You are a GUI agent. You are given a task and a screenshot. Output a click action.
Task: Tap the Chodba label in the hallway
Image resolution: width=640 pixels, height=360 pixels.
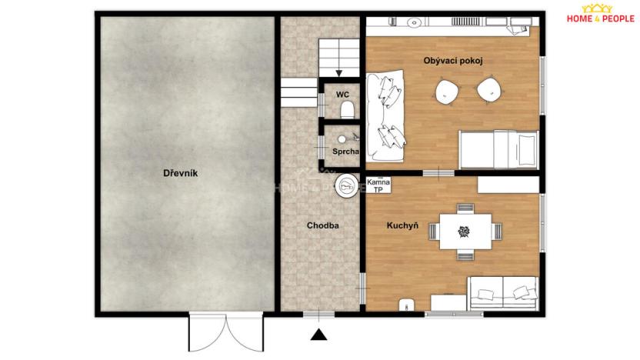click(322, 226)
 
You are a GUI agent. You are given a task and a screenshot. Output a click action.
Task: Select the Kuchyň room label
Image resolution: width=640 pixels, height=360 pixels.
click(402, 226)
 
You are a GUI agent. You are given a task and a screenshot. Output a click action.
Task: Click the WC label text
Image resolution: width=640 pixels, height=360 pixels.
click(342, 95)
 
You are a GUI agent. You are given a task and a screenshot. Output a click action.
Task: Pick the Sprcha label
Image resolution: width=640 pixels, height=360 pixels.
click(345, 152)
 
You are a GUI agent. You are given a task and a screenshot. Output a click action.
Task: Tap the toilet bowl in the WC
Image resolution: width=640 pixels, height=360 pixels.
click(346, 108)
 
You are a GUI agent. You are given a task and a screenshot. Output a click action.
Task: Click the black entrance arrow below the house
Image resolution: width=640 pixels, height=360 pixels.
click(318, 334)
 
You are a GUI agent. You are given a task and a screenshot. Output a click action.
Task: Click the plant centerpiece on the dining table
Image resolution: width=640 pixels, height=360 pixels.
click(465, 231)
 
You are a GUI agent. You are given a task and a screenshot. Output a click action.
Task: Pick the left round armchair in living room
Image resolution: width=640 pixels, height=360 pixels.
click(447, 92)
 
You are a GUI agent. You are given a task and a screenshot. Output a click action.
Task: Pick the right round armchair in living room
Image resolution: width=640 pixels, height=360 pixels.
click(488, 92)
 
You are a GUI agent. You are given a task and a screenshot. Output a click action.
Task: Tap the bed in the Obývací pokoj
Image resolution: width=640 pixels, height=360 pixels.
click(498, 148)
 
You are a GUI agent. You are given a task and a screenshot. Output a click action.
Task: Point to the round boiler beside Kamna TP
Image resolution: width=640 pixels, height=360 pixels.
click(345, 185)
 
